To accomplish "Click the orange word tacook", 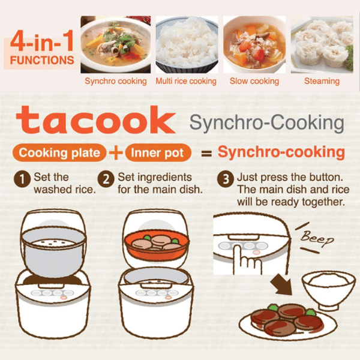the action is [x=96, y=120].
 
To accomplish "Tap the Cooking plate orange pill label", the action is [x=59, y=152].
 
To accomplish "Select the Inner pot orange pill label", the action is [x=158, y=152].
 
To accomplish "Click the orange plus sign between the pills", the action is [x=116, y=152].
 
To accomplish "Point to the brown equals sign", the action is [x=206, y=154].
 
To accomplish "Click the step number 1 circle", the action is [x=22, y=179].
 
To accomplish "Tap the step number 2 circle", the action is [x=106, y=179].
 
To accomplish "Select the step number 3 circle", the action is [x=226, y=179].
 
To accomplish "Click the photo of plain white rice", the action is [x=187, y=44].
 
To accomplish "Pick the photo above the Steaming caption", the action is [x=322, y=44].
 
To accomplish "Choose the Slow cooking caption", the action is [x=254, y=81].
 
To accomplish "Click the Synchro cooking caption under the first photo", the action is [x=116, y=81].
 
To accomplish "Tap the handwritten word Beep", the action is [x=317, y=238].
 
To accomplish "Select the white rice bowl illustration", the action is [x=326, y=290].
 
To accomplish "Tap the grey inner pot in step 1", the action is [x=54, y=251].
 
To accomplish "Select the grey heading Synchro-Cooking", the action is [x=267, y=122].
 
